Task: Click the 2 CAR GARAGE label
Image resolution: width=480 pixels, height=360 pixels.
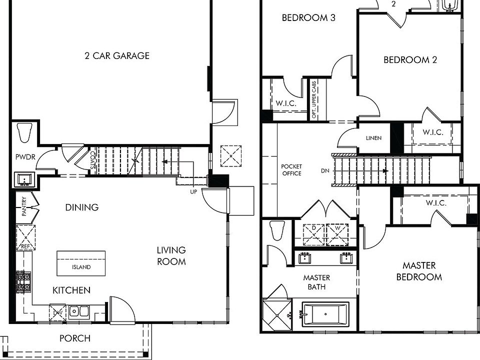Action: coord(116,55)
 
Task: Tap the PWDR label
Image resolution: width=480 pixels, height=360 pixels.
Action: coord(24,157)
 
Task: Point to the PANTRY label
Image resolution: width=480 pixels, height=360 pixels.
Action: coord(24,206)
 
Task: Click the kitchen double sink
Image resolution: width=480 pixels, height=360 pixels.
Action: coord(78,311)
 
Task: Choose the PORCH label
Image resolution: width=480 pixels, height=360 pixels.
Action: coord(75,338)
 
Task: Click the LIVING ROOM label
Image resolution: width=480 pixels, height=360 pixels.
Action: coord(171,255)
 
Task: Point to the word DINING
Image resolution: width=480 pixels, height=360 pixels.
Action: coord(81,207)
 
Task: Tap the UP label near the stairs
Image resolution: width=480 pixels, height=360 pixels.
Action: coord(193,191)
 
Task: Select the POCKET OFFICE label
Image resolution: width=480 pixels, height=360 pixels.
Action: coord(291,170)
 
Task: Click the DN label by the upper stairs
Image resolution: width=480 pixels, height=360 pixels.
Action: coord(325,170)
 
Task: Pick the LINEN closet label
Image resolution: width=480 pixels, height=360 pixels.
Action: coord(373,138)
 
